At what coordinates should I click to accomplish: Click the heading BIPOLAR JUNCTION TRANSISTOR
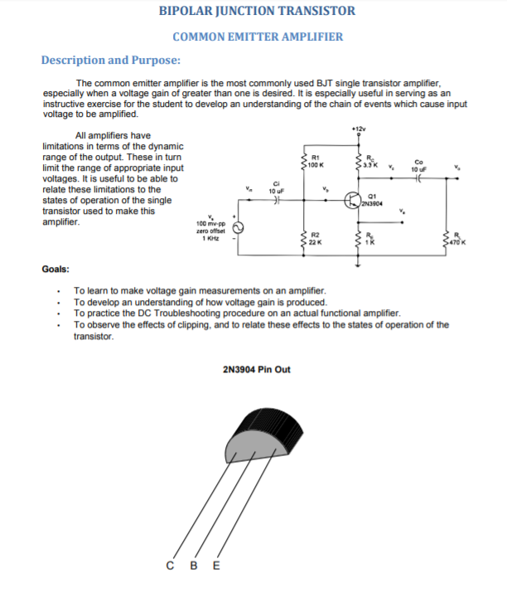(257, 11)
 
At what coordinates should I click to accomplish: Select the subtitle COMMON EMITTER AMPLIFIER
(257, 36)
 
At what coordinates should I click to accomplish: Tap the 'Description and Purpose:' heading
(111, 60)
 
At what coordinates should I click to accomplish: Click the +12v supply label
(357, 130)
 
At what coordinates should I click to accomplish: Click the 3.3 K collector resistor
(359, 163)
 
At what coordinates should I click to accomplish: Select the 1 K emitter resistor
(359, 240)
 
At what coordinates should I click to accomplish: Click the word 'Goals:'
(56, 270)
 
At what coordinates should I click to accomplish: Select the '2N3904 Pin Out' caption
(257, 369)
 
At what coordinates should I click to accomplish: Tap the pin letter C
(170, 566)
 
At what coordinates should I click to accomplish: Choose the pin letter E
(217, 566)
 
